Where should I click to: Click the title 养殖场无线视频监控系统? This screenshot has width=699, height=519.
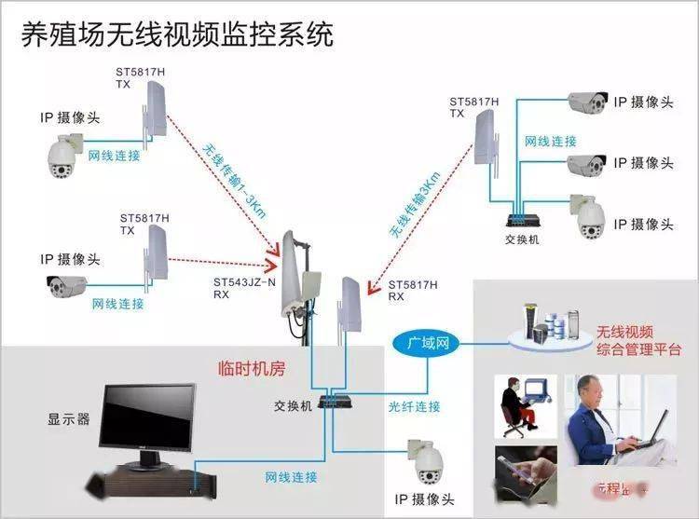[177, 34]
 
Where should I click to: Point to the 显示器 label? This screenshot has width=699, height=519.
[69, 419]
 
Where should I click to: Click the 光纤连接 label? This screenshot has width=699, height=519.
[415, 406]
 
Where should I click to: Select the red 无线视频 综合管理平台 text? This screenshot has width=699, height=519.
[638, 341]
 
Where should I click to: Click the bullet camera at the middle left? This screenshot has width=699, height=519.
[66, 287]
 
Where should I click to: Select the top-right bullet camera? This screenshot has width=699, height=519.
[587, 102]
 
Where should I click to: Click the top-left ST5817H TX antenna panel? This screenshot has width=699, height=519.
[156, 112]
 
